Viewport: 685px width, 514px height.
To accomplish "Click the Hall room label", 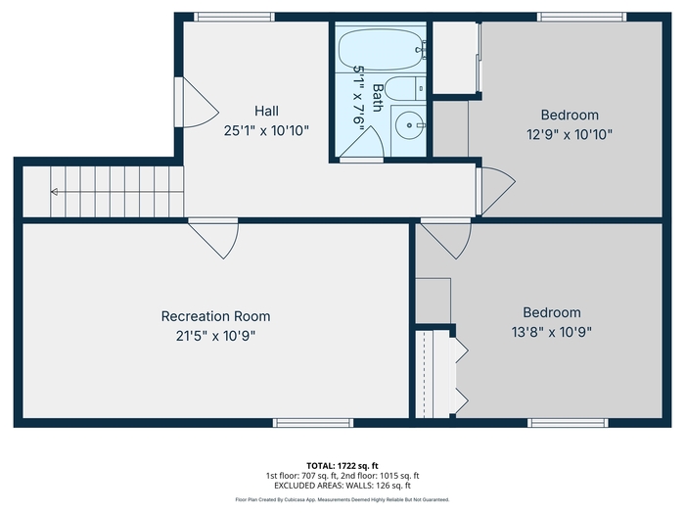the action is (x=266, y=111).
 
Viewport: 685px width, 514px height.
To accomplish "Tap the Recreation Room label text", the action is (x=216, y=316).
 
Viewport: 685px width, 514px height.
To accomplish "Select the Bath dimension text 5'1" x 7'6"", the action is (x=359, y=99).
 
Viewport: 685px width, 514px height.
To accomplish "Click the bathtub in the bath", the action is (x=381, y=49).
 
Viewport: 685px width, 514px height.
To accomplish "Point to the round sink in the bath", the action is (x=409, y=125).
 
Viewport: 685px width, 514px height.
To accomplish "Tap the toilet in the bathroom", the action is (x=405, y=89).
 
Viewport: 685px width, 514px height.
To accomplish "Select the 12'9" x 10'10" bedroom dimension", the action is (x=570, y=135).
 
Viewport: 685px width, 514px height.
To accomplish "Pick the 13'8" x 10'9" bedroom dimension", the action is (x=551, y=332).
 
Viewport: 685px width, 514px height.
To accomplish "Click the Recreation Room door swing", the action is (x=218, y=240).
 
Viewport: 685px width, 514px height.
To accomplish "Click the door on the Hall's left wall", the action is (x=197, y=103).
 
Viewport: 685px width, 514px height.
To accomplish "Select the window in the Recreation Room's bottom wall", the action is (x=313, y=423).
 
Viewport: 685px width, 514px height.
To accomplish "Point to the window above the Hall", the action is (x=234, y=17).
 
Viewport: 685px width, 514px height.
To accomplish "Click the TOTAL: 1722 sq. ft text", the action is (x=342, y=466).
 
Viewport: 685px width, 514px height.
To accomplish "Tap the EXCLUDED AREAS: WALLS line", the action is (x=342, y=486).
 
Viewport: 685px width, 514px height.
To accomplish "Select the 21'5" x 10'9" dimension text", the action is (x=216, y=336).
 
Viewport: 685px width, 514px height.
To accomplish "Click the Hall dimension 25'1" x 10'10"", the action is (x=266, y=130).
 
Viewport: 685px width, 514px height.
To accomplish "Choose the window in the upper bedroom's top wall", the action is (x=581, y=17).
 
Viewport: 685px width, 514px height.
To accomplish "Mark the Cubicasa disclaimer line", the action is (x=342, y=499).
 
